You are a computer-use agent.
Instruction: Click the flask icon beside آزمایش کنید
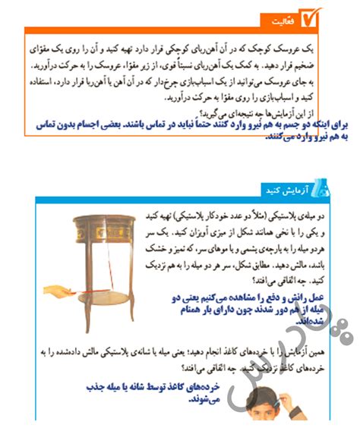click(x=322, y=188)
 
